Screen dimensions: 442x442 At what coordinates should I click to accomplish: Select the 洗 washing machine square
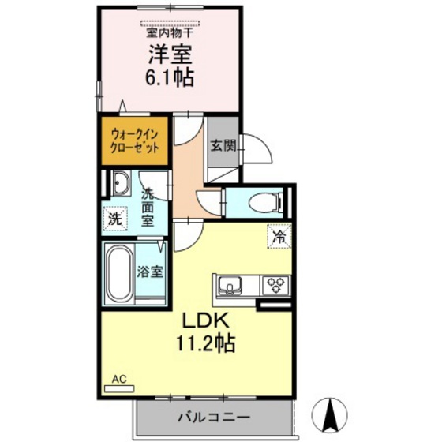(x=115, y=218)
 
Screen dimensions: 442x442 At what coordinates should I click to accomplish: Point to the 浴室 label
(x=151, y=272)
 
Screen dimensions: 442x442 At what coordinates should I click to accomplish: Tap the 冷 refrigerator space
(x=278, y=234)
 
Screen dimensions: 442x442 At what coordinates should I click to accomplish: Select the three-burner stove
(x=276, y=283)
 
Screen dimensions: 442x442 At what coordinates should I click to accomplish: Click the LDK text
(x=206, y=321)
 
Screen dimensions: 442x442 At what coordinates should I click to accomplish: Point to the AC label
(x=118, y=379)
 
